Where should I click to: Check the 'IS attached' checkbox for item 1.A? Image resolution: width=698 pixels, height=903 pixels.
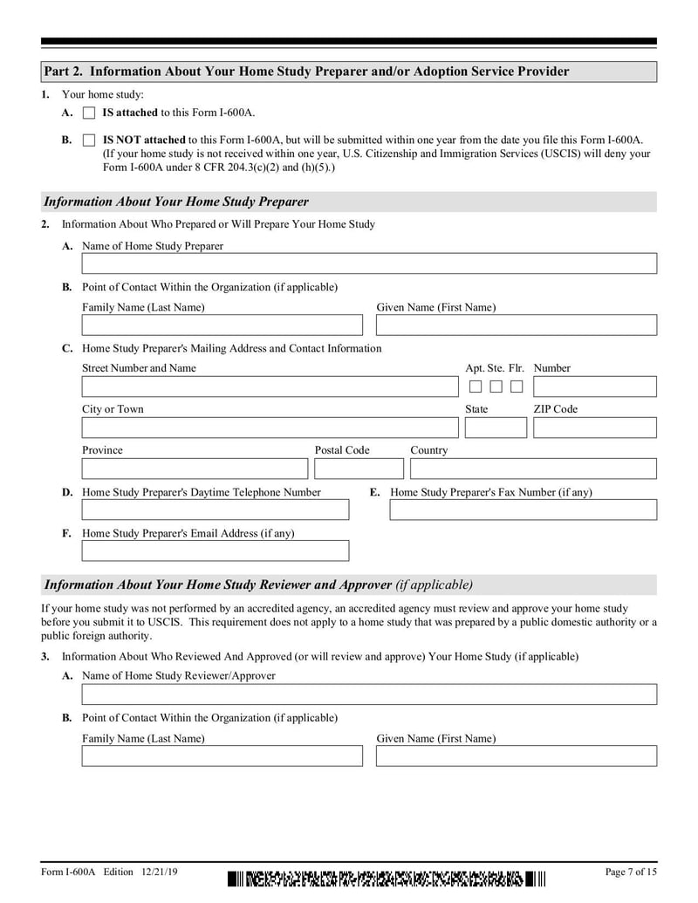(x=89, y=113)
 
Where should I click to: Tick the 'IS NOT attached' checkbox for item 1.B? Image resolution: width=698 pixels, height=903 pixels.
(x=89, y=140)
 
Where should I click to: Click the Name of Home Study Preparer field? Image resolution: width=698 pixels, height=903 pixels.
(x=369, y=264)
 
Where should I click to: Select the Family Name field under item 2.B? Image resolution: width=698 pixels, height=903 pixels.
(x=222, y=325)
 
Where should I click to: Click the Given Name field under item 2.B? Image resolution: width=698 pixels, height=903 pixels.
(x=516, y=325)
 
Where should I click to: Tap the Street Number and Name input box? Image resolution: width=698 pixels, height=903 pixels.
(x=269, y=387)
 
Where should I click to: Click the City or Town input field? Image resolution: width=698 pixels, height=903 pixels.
(x=269, y=428)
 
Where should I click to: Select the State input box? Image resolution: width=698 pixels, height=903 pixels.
(x=496, y=428)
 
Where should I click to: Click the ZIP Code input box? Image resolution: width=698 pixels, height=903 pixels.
(x=594, y=428)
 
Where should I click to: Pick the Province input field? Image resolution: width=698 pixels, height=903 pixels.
(x=195, y=469)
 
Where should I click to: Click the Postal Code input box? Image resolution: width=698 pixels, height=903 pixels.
(x=359, y=469)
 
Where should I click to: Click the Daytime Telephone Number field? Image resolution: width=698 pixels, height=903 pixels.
(x=215, y=510)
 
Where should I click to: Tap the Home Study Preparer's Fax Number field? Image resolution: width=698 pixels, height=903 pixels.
(x=523, y=510)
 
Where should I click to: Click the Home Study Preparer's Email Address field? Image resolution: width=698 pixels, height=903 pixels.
(x=215, y=551)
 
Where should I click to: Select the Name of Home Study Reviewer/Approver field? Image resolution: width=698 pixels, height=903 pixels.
(x=369, y=694)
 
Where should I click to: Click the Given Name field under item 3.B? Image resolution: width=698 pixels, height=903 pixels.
(x=516, y=756)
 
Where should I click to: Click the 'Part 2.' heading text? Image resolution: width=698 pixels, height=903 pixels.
(x=66, y=72)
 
